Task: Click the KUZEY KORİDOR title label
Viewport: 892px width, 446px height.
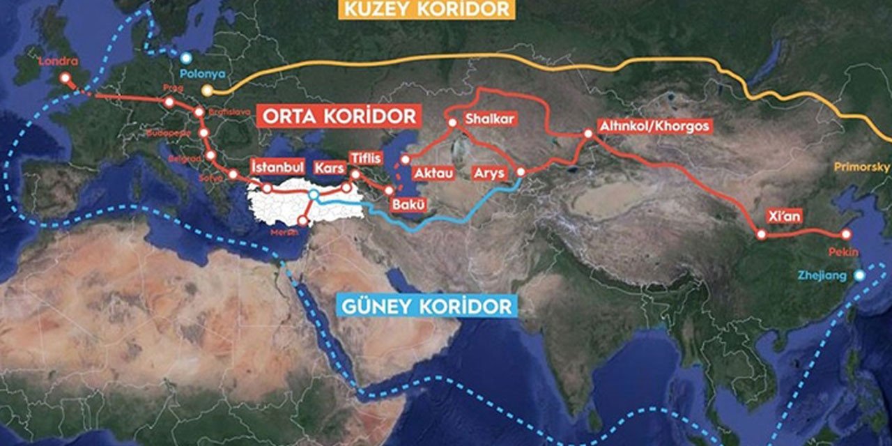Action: pyautogui.click(x=426, y=9)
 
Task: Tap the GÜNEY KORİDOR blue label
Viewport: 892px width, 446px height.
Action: pyautogui.click(x=426, y=305)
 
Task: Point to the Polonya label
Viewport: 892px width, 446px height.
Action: pyautogui.click(x=197, y=72)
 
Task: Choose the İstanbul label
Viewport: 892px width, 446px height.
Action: pyautogui.click(x=277, y=167)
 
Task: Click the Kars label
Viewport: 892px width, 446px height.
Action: pyautogui.click(x=328, y=168)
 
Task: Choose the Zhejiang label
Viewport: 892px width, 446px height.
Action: pyautogui.click(x=824, y=276)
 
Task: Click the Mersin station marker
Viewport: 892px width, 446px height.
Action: pyautogui.click(x=302, y=221)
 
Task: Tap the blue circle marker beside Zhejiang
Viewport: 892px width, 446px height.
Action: pyautogui.click(x=860, y=275)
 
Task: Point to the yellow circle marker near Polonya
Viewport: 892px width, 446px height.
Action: pyautogui.click(x=207, y=91)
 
